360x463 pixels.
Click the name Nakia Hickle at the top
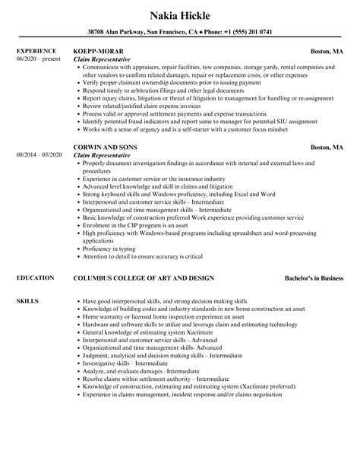pos(179,14)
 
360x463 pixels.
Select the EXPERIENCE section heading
pos(36,52)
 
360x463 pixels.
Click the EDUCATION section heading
pos(34,279)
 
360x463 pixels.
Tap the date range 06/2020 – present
pos(39,59)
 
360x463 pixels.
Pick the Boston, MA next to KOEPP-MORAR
pos(329,52)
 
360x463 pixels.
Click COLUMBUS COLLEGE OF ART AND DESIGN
pos(143,279)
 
